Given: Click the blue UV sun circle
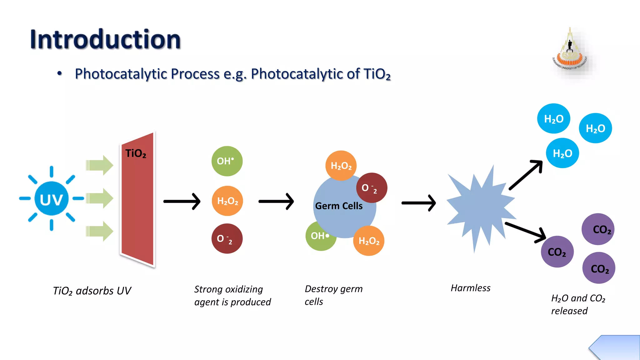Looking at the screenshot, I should tap(52, 199).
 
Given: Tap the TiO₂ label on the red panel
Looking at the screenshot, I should tap(136, 153).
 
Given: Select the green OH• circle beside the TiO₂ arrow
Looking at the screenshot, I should tap(227, 161).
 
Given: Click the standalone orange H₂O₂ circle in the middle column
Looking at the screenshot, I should tap(227, 201).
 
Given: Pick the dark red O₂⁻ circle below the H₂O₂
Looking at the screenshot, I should tap(227, 239).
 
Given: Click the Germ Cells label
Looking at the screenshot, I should tap(339, 206).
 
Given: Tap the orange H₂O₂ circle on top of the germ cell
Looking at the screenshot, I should tap(341, 166).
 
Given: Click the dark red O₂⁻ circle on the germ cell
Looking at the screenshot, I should tap(372, 188).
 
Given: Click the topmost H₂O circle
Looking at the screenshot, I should tap(553, 119).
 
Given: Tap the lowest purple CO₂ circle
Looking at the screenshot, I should tap(599, 268).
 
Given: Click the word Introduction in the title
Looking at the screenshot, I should tap(106, 40).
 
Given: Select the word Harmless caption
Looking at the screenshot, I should tap(470, 288).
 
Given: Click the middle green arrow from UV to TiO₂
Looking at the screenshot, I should tap(99, 198).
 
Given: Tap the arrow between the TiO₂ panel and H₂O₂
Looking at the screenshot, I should tap(182, 202).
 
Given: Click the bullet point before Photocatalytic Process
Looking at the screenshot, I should tap(59, 74).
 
